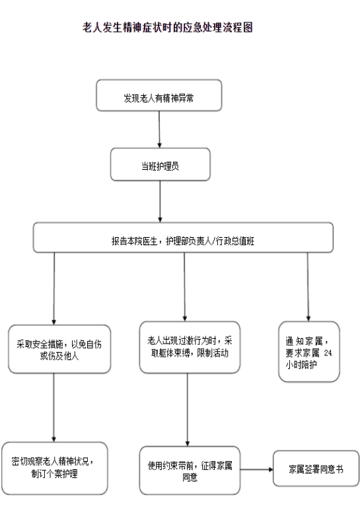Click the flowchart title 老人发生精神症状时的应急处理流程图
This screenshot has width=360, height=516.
(x=168, y=27)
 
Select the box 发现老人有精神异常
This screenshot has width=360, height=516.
(x=159, y=95)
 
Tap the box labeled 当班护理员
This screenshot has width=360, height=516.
(x=161, y=165)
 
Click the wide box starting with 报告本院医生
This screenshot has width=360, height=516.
(x=183, y=238)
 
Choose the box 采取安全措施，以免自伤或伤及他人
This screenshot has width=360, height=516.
(x=59, y=349)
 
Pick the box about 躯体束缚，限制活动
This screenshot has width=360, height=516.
(x=190, y=347)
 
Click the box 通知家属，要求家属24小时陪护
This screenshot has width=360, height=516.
(x=308, y=351)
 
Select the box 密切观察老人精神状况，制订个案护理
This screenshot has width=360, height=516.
(x=54, y=468)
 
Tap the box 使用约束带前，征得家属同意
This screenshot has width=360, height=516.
(x=190, y=470)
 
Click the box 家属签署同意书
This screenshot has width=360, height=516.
(x=316, y=468)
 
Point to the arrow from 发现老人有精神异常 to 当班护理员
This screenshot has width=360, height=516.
(x=159, y=129)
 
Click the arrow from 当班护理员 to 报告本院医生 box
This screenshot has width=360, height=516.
(x=161, y=202)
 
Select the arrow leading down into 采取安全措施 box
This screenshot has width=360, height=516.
(x=54, y=289)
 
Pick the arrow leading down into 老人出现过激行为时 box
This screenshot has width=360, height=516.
(x=184, y=287)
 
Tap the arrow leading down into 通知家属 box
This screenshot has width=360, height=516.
(x=308, y=287)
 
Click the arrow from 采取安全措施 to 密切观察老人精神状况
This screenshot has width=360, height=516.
(x=54, y=408)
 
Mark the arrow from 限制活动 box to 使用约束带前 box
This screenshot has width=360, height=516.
(x=188, y=410)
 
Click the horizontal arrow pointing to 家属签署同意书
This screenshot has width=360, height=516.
(x=257, y=470)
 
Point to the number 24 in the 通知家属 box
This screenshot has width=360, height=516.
(x=328, y=353)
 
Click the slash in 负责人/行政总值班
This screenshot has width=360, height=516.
(x=213, y=241)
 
